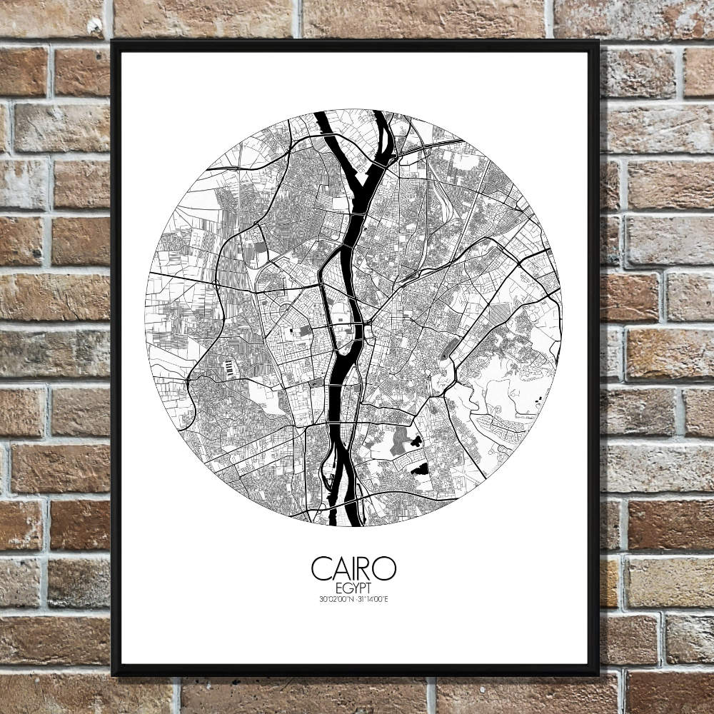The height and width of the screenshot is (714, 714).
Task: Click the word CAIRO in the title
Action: [353, 568]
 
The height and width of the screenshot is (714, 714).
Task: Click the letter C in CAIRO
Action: [321, 568]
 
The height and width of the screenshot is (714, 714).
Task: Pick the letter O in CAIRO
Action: [385, 568]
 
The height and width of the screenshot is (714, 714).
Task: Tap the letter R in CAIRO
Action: [364, 568]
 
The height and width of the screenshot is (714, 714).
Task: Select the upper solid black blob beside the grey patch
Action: [413, 442]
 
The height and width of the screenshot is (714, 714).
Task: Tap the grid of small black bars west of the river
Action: [228, 368]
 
